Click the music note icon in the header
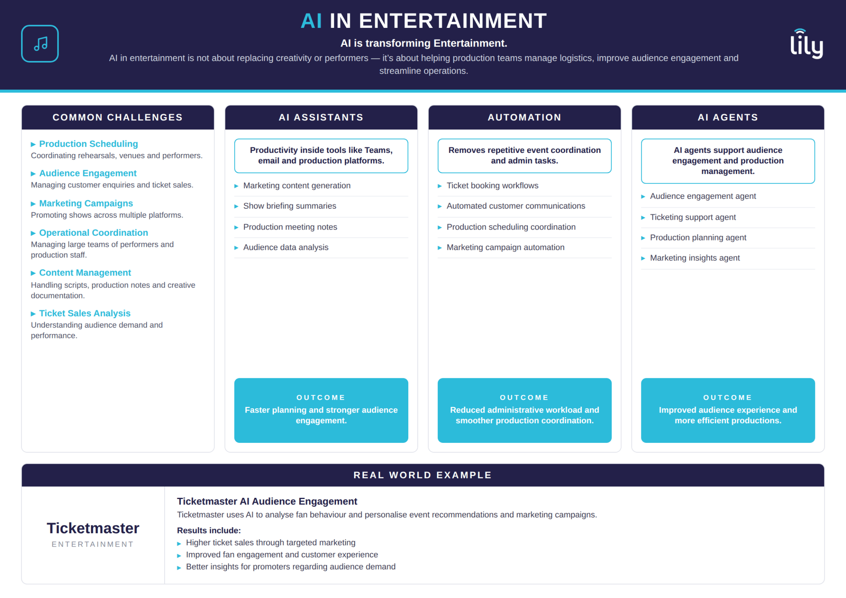coord(40,43)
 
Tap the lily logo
coord(807,43)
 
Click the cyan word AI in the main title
coord(311,21)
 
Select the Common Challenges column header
coord(118,118)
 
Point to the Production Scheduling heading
coord(88,144)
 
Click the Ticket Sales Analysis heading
coord(85,313)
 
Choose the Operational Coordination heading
coord(94,233)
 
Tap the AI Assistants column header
coord(321,118)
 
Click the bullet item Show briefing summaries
coord(290,206)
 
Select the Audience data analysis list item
coord(286,247)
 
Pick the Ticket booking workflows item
coord(492,185)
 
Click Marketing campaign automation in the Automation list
coord(506,247)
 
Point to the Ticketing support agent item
coord(693,217)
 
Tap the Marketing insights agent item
coord(694,258)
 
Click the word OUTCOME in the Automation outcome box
coord(524,398)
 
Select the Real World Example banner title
coord(422,475)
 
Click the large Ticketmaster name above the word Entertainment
coord(93,529)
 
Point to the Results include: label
coord(209,530)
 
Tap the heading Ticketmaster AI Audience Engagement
coord(267,501)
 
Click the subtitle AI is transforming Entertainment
coord(424,43)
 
